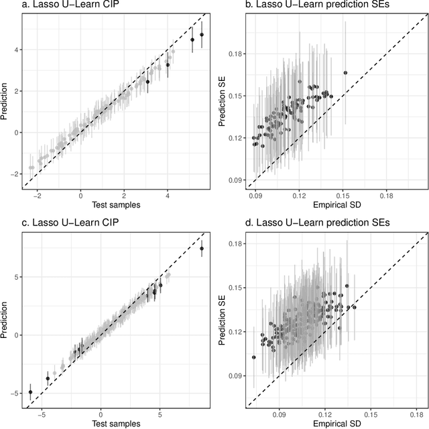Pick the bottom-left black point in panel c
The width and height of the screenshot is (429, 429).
(30, 392)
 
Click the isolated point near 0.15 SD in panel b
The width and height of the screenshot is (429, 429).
(345, 73)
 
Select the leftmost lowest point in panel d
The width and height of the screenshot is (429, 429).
(254, 357)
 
